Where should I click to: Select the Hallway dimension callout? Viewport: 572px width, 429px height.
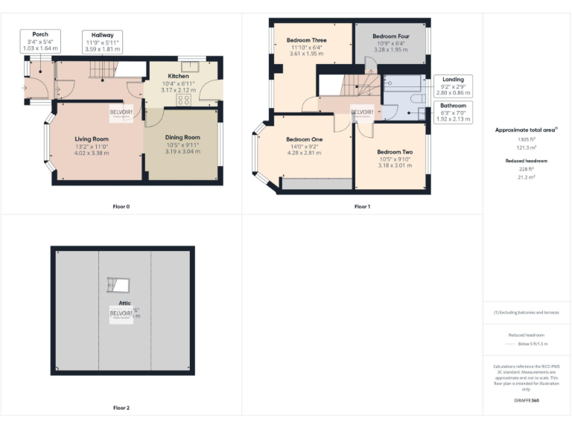[103, 42]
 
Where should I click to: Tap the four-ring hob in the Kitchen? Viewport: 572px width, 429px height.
[183, 101]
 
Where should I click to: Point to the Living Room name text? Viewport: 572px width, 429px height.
[92, 139]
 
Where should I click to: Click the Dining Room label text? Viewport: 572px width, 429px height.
[182, 137]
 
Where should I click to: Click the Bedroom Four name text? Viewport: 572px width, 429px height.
[391, 36]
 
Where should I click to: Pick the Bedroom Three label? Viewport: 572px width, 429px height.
[308, 40]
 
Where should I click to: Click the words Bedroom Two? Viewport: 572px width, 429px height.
[395, 152]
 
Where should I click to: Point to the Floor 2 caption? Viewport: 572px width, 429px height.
[121, 408]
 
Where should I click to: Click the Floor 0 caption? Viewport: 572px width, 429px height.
[121, 206]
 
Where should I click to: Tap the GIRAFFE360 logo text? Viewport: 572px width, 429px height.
[527, 401]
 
